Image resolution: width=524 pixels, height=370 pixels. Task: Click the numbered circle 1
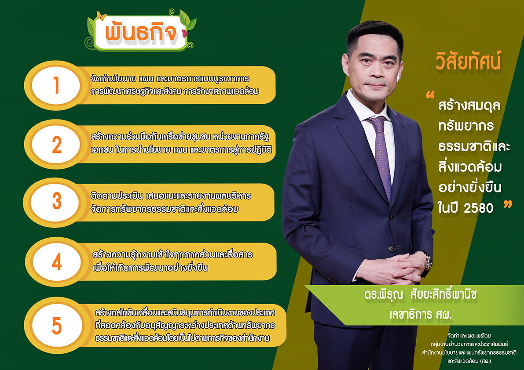click(56, 85)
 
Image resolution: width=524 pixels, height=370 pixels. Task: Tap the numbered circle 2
click(56, 145)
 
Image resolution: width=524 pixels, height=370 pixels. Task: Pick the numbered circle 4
click(56, 262)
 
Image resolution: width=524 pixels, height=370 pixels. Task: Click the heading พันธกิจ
click(141, 33)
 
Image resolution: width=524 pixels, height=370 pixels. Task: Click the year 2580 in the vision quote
click(479, 208)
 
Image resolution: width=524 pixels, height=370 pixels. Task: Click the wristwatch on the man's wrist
click(427, 260)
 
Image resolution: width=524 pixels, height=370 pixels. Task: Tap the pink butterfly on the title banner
click(185, 33)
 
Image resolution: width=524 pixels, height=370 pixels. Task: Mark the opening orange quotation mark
click(430, 95)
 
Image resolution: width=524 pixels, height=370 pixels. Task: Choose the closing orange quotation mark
click(508, 204)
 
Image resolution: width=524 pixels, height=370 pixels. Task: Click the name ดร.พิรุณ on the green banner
click(384, 294)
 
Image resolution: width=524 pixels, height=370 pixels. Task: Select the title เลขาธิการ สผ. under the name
click(421, 314)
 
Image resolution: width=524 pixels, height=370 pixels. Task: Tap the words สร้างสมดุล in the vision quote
click(469, 105)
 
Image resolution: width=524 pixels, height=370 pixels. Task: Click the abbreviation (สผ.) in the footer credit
click(485, 361)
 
